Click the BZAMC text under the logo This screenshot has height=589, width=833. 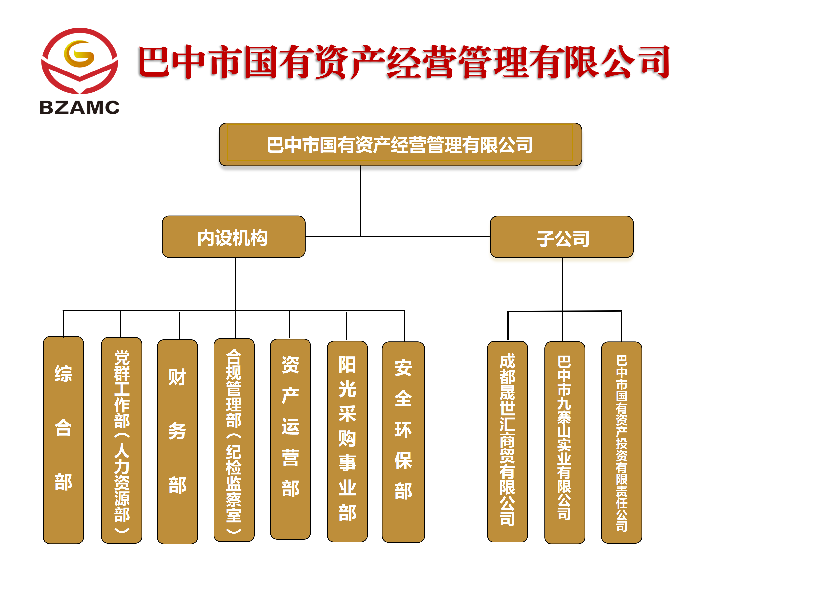click(79, 108)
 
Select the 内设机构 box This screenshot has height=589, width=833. click(233, 237)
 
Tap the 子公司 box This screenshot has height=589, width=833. click(562, 237)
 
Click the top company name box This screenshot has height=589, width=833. click(400, 145)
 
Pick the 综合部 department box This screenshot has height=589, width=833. click(64, 440)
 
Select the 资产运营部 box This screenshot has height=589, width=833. click(290, 439)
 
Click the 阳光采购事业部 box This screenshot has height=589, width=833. click(347, 441)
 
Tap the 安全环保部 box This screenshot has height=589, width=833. click(403, 442)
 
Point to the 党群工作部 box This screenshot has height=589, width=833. click(121, 440)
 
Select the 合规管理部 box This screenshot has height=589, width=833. click(234, 440)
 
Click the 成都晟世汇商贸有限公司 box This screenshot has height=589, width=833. click(507, 441)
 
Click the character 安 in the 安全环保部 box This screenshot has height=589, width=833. click(403, 368)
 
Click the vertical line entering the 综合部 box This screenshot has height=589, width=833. click(64, 324)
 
